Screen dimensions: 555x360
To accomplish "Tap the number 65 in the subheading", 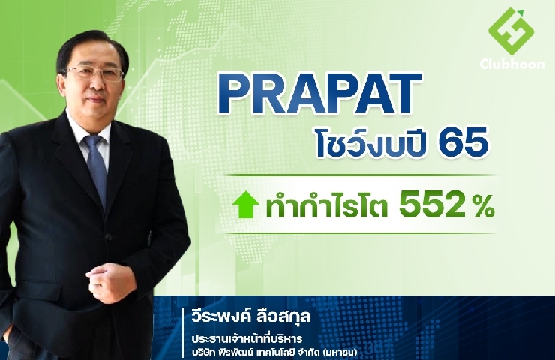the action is click(463, 144).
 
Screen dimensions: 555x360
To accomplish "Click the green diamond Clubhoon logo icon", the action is click(511, 31).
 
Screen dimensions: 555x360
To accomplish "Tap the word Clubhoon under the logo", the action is click(511, 64).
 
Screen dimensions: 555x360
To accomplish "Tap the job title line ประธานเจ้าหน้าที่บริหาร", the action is click(247, 338).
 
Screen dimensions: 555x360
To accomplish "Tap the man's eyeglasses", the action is click(94, 73).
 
